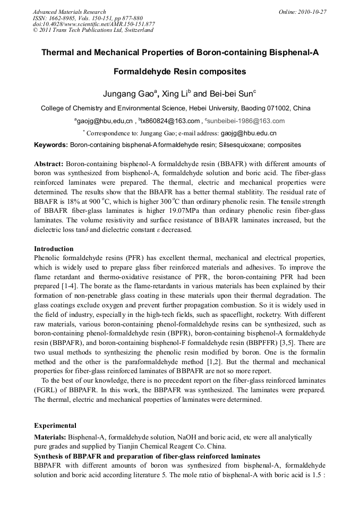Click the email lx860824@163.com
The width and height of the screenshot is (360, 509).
pyautogui.click(x=171, y=121)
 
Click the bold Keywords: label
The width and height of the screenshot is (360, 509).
pyautogui.click(x=50, y=145)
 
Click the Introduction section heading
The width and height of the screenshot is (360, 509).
pyautogui.click(x=54, y=248)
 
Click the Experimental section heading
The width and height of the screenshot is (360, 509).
pyautogui.click(x=55, y=426)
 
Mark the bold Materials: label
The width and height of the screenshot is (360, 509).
pyautogui.click(x=50, y=437)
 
